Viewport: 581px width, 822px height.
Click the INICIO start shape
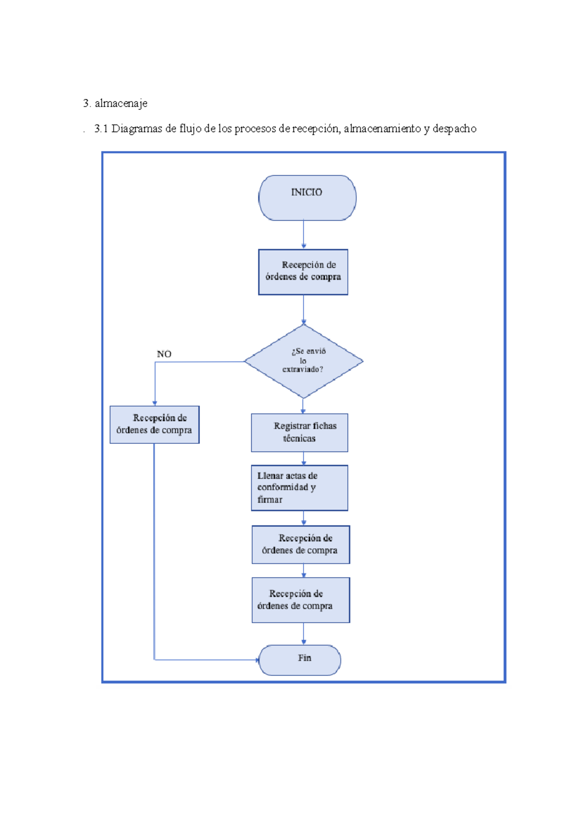coord(307,198)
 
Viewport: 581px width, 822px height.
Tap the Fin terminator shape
coord(300,659)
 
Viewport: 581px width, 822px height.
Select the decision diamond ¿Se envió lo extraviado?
coord(304,361)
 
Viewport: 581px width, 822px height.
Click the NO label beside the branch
coord(164,354)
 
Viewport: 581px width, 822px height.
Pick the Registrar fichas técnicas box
coord(299,432)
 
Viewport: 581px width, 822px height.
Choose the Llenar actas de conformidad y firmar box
coord(299,487)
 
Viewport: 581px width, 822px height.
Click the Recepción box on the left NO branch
coord(154,424)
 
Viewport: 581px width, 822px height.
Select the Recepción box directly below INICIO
coord(303,272)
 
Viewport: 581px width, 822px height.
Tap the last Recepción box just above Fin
coord(301,600)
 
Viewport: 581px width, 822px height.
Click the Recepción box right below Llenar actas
coord(301,544)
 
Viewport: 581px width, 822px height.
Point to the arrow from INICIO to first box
coord(304,235)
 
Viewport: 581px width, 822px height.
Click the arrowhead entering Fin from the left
coord(257,659)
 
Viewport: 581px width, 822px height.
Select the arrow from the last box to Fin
coord(304,633)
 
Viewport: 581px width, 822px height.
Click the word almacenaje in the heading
coord(121,103)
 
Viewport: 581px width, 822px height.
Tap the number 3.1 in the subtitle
coord(101,129)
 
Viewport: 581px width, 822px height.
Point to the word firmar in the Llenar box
coord(270,500)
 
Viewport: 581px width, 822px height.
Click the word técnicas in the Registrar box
coord(299,438)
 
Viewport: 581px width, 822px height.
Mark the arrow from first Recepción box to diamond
coord(304,309)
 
